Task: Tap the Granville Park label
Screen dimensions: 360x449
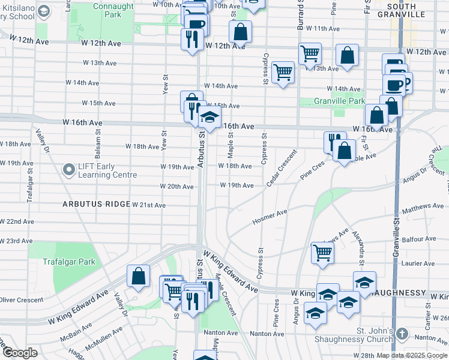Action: click(x=339, y=101)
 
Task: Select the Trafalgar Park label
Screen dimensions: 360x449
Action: click(x=69, y=262)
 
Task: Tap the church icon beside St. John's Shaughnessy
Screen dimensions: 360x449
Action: click(x=402, y=333)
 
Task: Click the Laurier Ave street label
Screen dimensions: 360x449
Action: click(x=418, y=263)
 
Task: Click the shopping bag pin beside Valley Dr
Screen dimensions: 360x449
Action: click(x=138, y=276)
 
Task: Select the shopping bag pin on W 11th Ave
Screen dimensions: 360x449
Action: click(x=240, y=32)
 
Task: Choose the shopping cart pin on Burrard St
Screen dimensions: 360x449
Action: click(x=310, y=54)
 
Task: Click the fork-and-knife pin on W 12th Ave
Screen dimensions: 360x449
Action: click(x=192, y=40)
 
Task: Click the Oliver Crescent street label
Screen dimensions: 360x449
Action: click(x=22, y=299)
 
